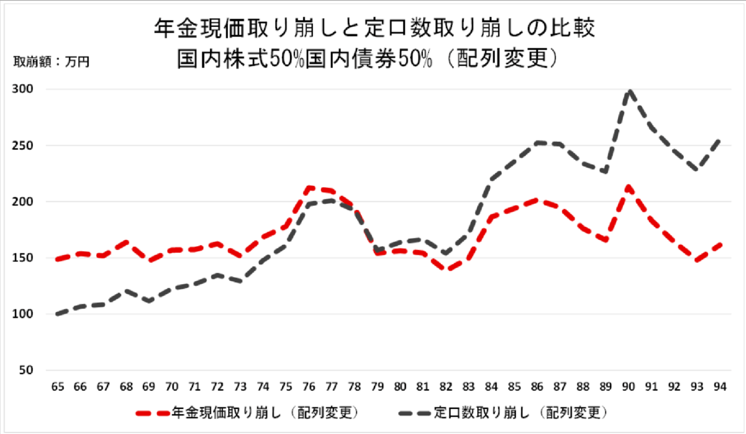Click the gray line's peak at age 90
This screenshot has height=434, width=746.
(629, 91)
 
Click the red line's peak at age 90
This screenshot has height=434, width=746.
(629, 188)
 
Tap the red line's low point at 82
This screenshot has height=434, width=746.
(446, 269)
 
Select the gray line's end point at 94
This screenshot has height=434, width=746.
(719, 140)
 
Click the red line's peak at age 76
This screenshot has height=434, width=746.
(309, 189)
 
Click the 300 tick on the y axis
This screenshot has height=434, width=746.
(23, 89)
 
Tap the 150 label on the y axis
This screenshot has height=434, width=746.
(23, 258)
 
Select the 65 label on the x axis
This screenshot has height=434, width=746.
(58, 387)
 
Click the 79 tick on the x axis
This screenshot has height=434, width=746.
(377, 387)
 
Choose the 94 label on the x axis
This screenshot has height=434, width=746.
(720, 387)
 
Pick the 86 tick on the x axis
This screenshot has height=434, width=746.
(537, 387)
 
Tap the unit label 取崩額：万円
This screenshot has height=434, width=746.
(51, 62)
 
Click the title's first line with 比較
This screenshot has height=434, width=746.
(374, 28)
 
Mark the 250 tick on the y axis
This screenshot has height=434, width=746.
(23, 145)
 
